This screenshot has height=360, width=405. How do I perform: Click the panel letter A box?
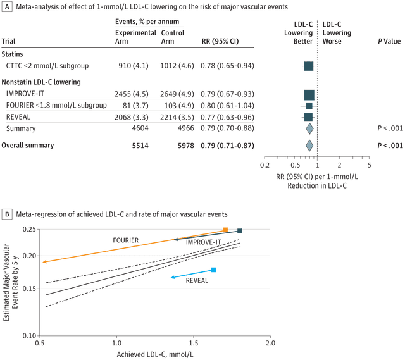pyautogui.click(x=8, y=7)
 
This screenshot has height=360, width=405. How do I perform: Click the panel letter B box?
pyautogui.click(x=8, y=214)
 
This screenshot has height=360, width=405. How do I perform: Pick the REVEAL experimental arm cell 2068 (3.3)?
pyautogui.click(x=134, y=117)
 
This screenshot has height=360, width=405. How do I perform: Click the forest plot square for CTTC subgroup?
pyautogui.click(x=308, y=66)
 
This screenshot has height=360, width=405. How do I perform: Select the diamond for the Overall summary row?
pyautogui.click(x=309, y=145)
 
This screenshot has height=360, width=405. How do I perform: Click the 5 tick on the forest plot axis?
pyautogui.click(x=369, y=165)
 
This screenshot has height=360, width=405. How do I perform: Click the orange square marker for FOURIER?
pyautogui.click(x=225, y=230)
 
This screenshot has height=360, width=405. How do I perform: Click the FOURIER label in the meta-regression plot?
pyautogui.click(x=126, y=240)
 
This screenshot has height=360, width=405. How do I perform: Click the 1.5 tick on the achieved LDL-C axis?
pyautogui.click(x=194, y=342)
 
